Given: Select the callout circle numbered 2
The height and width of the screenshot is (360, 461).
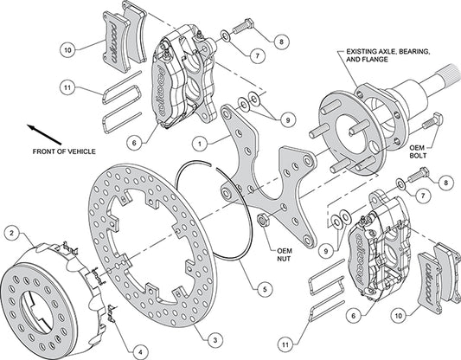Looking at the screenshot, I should (x=12, y=232).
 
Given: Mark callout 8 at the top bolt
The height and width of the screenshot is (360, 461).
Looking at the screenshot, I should (x=281, y=41).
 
